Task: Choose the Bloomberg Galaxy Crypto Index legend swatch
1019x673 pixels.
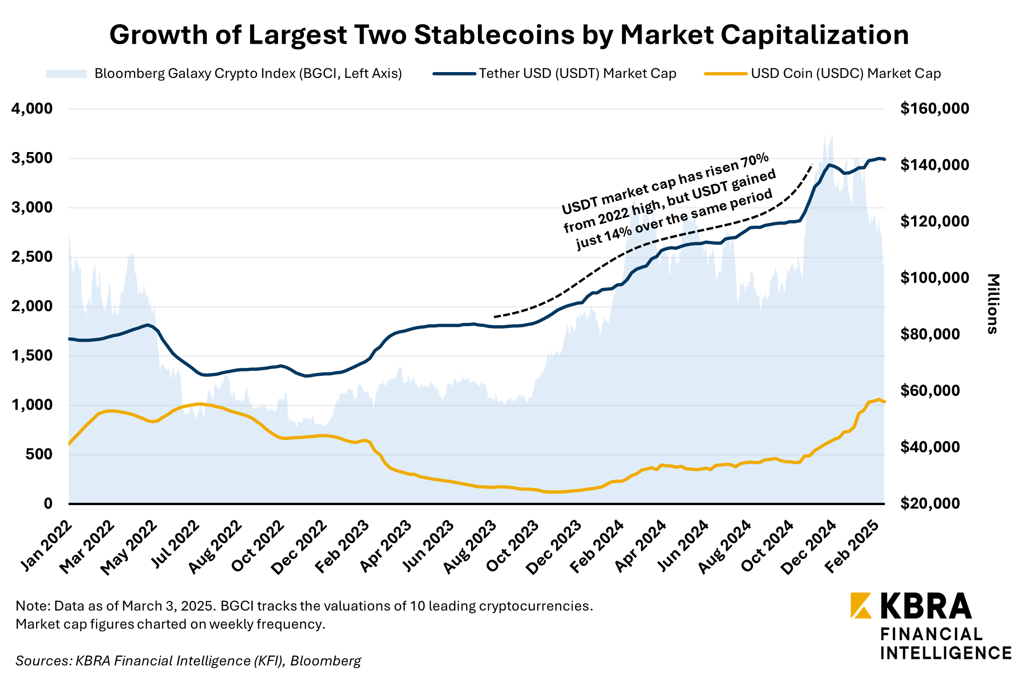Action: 66,74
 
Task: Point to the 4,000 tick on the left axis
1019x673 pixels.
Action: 32,109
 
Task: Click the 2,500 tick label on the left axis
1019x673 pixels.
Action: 32,257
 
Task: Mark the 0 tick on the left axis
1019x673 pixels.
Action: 48,503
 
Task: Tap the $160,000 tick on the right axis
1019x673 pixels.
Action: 934,109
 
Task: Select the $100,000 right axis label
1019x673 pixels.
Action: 934,278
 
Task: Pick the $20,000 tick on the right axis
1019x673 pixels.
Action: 930,503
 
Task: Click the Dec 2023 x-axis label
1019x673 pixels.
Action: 555,547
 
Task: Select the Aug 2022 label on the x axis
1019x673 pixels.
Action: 216,547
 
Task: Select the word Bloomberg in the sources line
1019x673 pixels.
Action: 325,660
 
